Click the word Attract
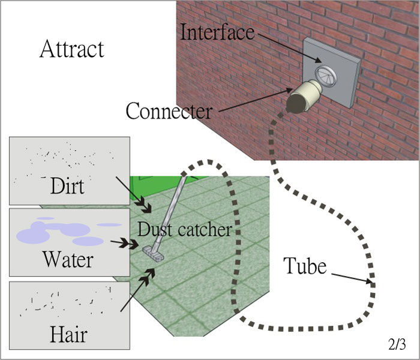(71, 49)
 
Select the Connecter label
(169, 111)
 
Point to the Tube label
(305, 265)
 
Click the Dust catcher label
(184, 229)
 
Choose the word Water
(67, 259)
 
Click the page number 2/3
(396, 345)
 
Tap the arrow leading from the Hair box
(137, 290)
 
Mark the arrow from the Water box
(127, 243)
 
